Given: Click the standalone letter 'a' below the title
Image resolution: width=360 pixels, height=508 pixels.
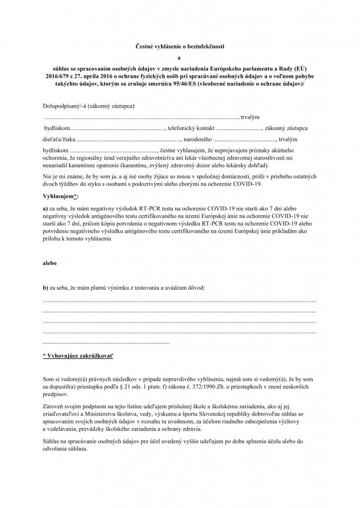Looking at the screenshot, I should tap(180, 58).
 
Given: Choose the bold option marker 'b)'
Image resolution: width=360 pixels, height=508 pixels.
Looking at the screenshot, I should tap(46, 287).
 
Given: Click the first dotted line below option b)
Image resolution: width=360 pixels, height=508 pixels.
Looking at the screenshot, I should tap(180, 301).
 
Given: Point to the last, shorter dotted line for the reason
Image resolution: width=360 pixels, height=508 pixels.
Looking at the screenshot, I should tap(106, 342).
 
